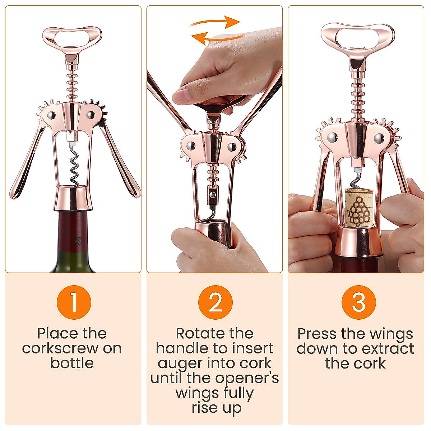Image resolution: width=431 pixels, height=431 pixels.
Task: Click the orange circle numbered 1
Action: (74, 302)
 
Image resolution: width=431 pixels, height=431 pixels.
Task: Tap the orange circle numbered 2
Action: (215, 302)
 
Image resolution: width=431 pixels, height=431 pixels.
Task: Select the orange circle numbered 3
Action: (358, 302)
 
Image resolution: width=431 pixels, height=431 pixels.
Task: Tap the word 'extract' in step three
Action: (388, 349)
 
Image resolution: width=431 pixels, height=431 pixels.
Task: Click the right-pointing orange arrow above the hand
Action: (215, 22)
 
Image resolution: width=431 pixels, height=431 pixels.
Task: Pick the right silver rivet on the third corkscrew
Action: (378, 137)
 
